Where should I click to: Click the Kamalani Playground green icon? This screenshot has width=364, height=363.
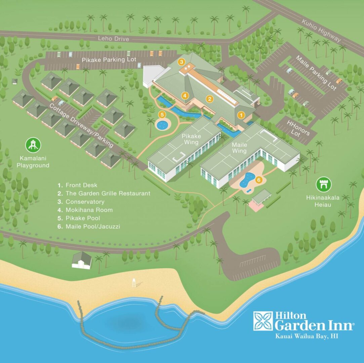click(x=33, y=145)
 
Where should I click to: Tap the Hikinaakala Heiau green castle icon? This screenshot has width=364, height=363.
click(x=324, y=185)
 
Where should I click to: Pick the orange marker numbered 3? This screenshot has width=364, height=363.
click(x=181, y=62)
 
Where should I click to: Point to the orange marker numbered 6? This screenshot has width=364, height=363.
click(x=258, y=180)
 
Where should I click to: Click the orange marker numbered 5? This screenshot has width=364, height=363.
click(x=162, y=114)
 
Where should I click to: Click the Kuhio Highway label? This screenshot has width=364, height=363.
click(x=321, y=31)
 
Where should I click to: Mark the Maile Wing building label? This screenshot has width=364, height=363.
click(x=239, y=148)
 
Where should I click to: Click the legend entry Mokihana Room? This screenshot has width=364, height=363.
click(x=89, y=210)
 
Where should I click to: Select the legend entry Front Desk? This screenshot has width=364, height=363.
click(x=81, y=185)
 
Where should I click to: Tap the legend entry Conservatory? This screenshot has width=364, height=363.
click(x=85, y=202)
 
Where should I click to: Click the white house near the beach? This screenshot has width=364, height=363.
click(x=82, y=261)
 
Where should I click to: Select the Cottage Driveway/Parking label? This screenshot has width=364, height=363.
click(x=81, y=125)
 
